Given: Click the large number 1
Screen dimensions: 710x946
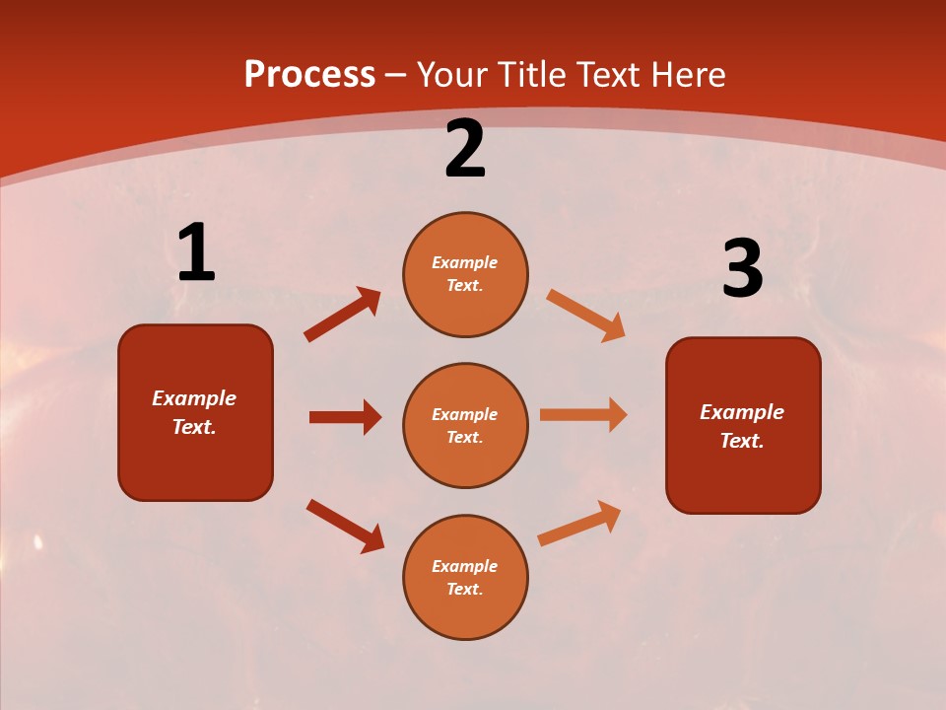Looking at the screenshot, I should point(196,253).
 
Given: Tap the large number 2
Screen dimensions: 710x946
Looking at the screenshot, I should point(465,150).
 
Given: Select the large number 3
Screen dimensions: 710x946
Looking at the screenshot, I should point(742,269).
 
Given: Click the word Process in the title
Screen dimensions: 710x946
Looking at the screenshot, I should point(309,74).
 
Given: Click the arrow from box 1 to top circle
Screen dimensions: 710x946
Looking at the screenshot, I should point(343,315).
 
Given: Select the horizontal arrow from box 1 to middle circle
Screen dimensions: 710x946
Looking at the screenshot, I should point(345,417).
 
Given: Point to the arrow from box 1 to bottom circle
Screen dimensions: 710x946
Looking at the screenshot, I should point(345,526).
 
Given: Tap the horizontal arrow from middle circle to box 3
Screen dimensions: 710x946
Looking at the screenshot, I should point(583,415).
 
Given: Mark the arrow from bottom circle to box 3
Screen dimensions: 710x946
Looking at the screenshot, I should point(579,524).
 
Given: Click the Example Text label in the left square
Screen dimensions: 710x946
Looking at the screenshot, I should point(194,412).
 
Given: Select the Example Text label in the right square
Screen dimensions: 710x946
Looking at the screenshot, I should point(742,426).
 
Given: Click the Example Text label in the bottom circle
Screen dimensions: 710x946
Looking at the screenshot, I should point(465,578).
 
